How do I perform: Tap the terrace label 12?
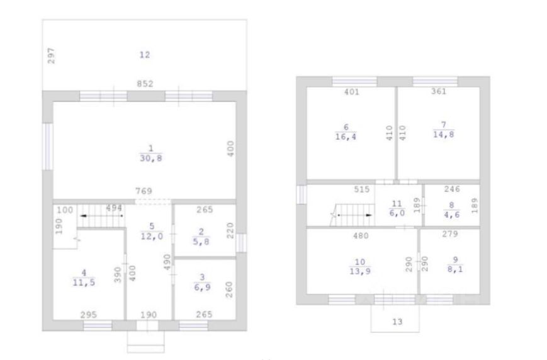point(145,55)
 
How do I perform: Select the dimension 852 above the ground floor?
point(145,83)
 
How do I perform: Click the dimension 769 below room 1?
point(145,190)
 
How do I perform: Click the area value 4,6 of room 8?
point(450,213)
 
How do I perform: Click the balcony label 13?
point(397,322)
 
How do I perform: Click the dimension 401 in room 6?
point(351,92)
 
